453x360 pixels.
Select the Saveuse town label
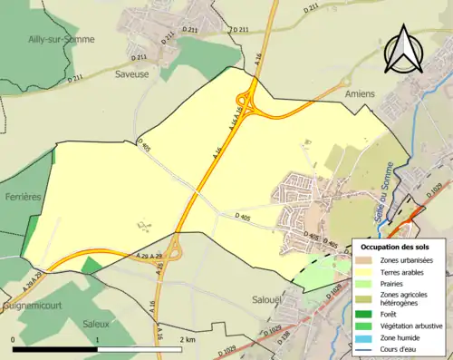coord(150,77)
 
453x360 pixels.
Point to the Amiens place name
coord(360,92)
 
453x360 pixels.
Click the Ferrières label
coord(23,196)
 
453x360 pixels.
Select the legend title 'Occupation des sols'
coord(397,247)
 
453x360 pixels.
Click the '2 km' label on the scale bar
coord(188,339)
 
